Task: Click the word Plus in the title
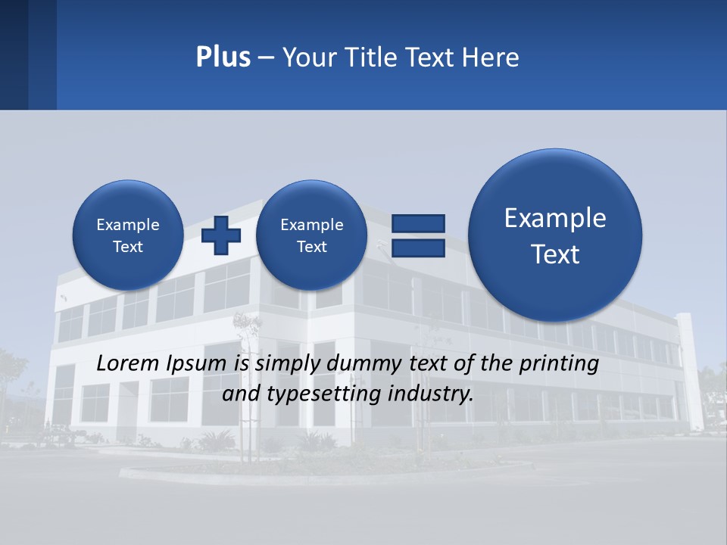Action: (223, 58)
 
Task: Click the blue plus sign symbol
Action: (221, 235)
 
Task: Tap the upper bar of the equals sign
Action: (418, 223)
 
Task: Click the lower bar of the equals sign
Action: (418, 248)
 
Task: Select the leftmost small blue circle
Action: (127, 235)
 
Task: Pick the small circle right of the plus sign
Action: (311, 235)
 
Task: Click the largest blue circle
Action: (555, 235)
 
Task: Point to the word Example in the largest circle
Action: (555, 218)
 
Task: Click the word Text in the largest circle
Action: (555, 254)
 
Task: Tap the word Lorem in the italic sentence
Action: (128, 363)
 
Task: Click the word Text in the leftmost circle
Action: (127, 247)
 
